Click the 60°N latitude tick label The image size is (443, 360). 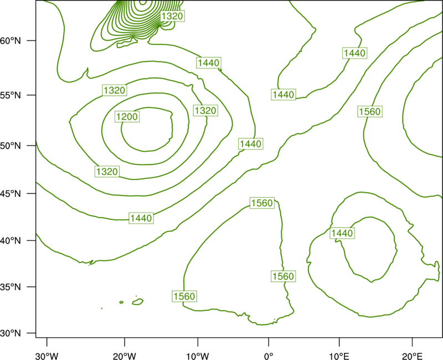(x=10, y=40)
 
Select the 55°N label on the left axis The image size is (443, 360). (x=10, y=95)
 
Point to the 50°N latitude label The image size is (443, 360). (x=10, y=146)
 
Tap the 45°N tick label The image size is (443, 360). (x=10, y=193)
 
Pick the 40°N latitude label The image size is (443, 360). (x=10, y=240)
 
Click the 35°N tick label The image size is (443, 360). (x=10, y=287)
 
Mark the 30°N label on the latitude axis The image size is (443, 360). (x=10, y=333)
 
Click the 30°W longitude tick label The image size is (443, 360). (x=47, y=356)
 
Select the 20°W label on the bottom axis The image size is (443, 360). (x=124, y=356)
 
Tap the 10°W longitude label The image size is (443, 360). (x=198, y=356)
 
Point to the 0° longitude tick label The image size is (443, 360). (x=269, y=356)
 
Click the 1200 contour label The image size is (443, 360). (x=127, y=116)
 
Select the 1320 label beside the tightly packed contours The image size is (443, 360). (x=172, y=16)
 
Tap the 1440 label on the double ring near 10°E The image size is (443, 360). (x=342, y=233)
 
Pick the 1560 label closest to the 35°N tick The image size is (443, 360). (x=184, y=296)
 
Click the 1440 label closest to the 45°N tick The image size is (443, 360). (x=141, y=218)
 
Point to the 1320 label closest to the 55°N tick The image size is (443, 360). (x=115, y=90)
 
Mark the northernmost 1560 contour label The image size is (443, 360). (x=370, y=111)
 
